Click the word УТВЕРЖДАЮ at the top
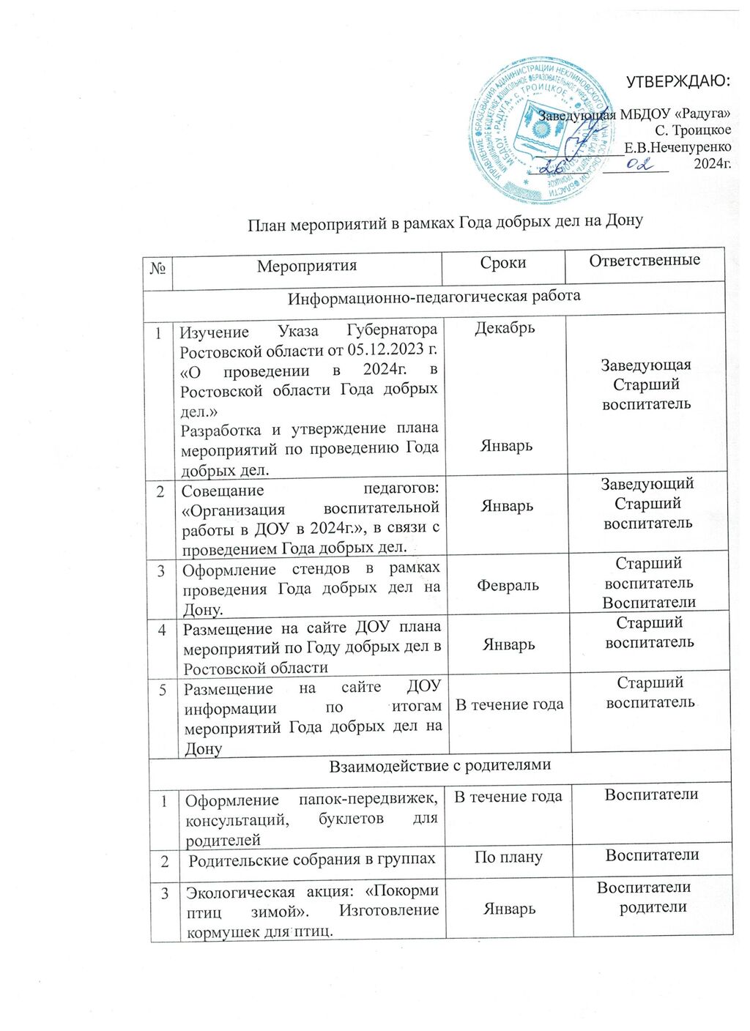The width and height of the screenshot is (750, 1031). [677, 81]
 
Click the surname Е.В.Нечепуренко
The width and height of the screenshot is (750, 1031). [677, 147]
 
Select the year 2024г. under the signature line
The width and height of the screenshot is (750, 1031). [712, 164]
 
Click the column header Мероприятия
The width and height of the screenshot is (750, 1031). [307, 266]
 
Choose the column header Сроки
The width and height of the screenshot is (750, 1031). [503, 263]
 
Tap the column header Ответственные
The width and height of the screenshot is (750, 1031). [645, 260]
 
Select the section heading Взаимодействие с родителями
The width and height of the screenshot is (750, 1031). [439, 766]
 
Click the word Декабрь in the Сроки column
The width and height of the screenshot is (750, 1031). [505, 327]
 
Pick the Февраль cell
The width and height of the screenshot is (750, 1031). [508, 585]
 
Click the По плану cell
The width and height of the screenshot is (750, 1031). [508, 857]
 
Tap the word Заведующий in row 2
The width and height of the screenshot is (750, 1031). [647, 484]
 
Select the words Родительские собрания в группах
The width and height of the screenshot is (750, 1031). [312, 860]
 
